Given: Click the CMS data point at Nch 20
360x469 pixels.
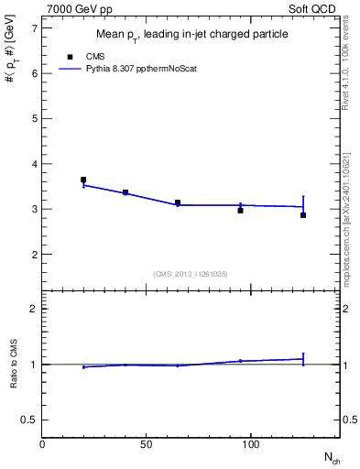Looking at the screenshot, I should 83,180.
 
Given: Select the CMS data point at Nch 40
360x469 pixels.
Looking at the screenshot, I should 125,192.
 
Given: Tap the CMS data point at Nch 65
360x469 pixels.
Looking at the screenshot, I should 178,202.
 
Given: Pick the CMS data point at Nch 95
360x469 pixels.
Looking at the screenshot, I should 240,211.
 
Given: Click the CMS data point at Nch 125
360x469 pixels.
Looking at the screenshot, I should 303,215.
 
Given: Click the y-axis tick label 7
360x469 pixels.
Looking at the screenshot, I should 34,28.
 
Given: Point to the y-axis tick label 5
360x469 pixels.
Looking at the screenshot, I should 34,119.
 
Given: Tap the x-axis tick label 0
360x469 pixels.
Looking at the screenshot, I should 43,444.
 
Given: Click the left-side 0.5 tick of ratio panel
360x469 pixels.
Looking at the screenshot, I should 29,420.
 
